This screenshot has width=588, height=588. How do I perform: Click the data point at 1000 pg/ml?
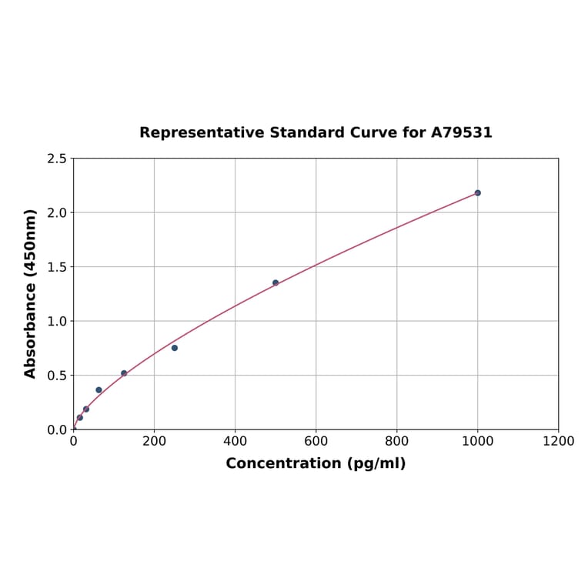(477, 192)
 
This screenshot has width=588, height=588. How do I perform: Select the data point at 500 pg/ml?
(276, 282)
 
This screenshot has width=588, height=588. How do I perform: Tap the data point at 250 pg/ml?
(175, 348)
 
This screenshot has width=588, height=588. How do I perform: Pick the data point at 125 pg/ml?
(124, 373)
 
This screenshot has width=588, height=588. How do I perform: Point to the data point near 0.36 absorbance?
(99, 390)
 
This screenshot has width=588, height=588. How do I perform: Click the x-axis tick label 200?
(154, 441)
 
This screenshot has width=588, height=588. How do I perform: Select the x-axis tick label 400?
(235, 441)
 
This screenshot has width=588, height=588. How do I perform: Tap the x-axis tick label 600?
(316, 441)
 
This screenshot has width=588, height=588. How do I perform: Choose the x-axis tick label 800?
(396, 441)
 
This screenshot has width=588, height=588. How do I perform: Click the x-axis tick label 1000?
(477, 441)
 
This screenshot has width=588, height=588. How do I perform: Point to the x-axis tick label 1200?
(558, 441)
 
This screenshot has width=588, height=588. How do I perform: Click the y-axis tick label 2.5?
(57, 159)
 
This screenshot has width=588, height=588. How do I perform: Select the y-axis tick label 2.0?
(57, 212)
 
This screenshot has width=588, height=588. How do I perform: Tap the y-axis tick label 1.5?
(57, 267)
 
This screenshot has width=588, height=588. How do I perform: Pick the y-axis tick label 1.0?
(57, 321)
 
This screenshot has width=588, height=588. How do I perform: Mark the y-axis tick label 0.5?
(57, 376)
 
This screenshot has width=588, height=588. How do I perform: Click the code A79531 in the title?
(461, 132)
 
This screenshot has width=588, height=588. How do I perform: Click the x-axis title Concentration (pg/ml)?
(316, 463)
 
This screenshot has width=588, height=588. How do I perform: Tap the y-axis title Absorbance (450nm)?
(31, 293)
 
